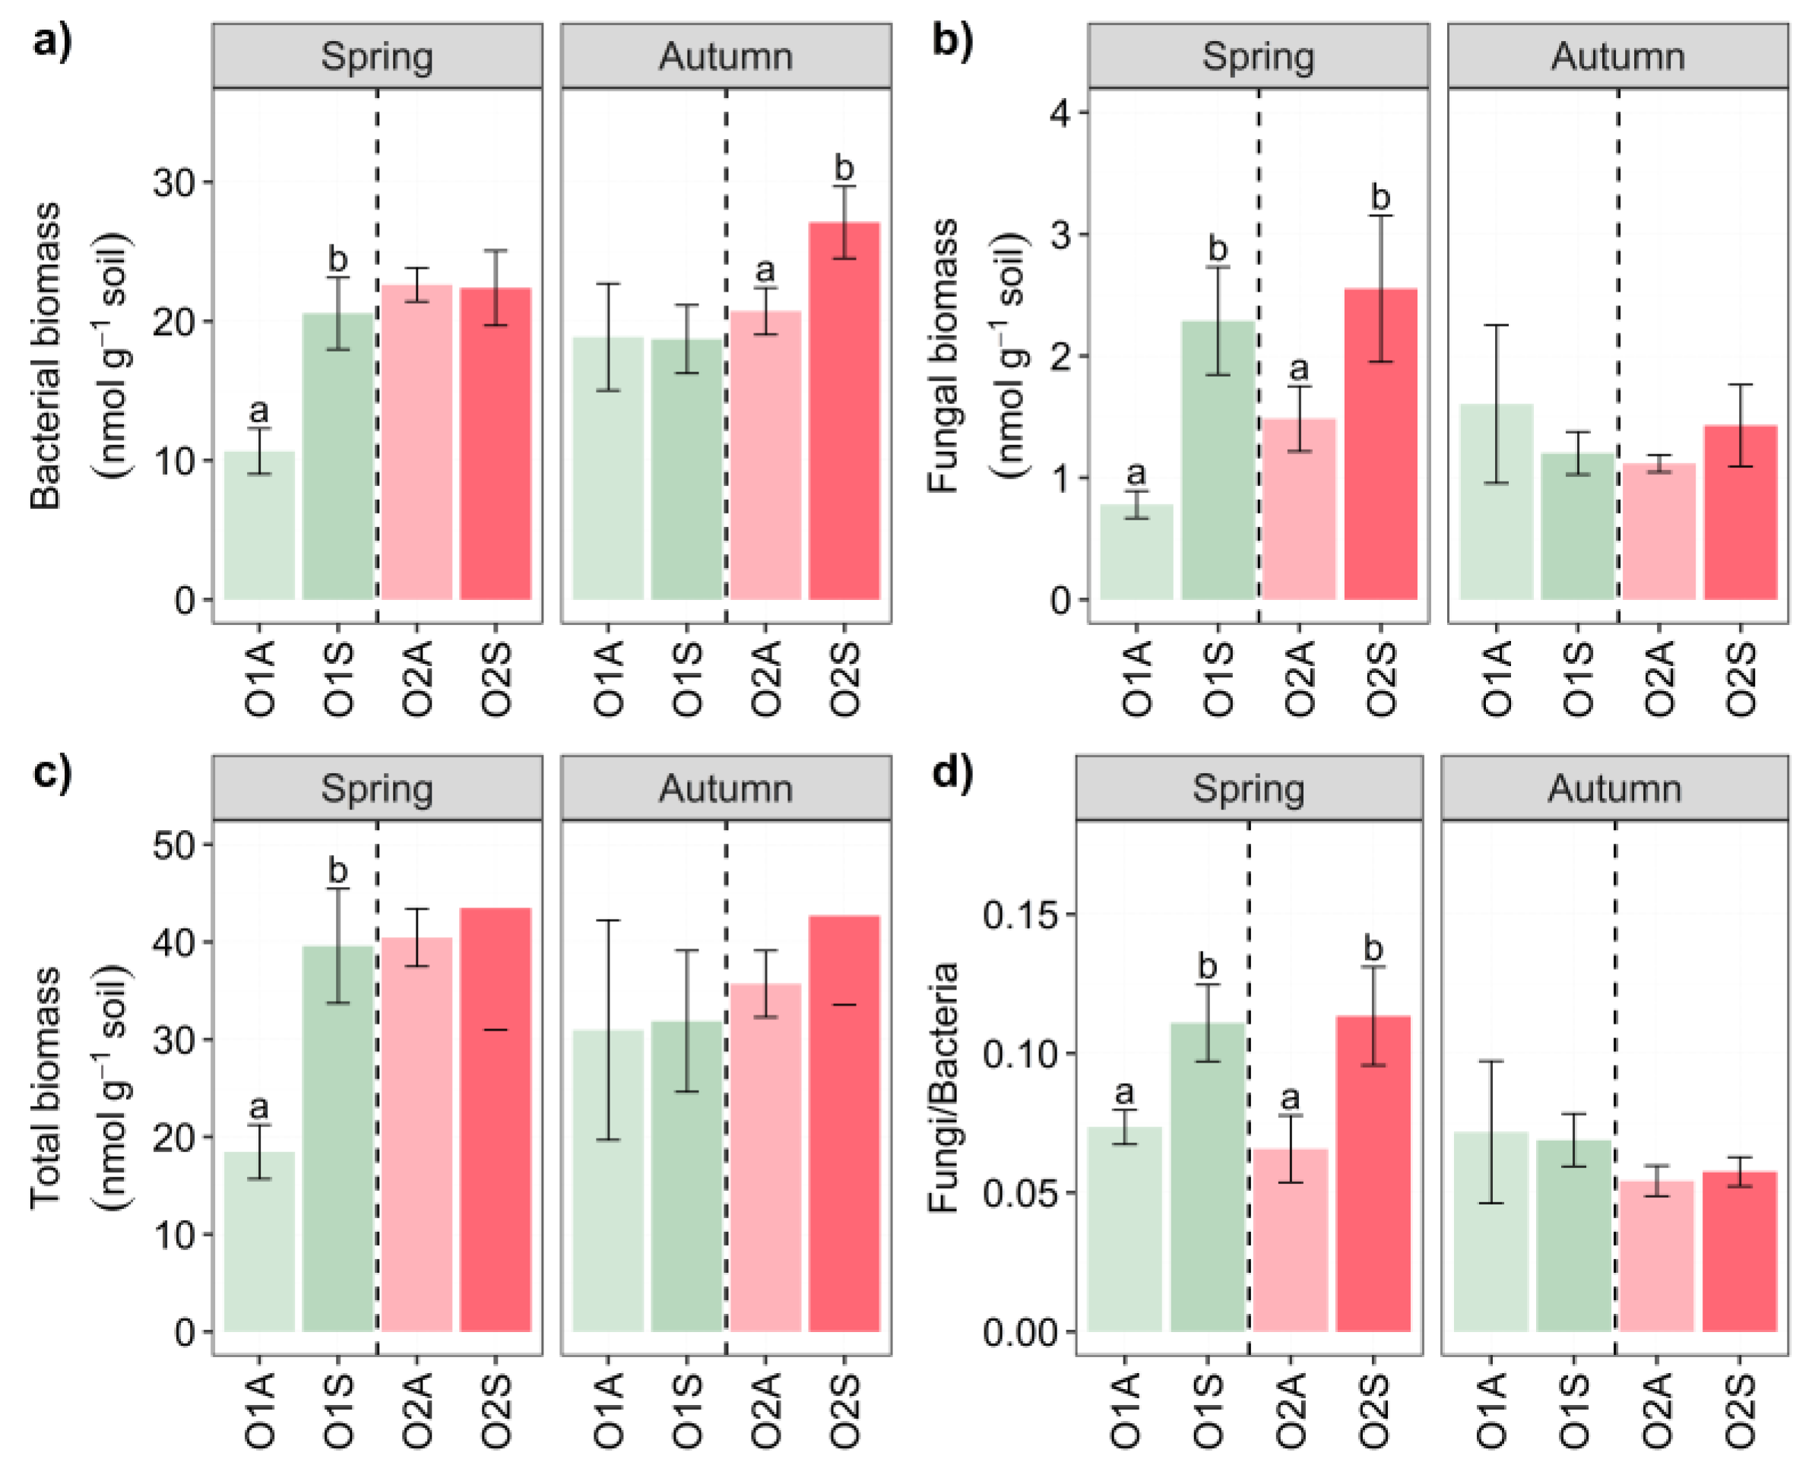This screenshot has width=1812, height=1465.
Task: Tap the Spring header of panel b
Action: tap(1257, 56)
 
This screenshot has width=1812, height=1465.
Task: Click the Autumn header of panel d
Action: tap(1614, 789)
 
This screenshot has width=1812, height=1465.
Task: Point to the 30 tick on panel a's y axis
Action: tap(173, 182)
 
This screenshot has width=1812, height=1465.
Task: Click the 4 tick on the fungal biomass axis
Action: tap(1060, 112)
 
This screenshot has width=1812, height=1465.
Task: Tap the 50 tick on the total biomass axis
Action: tap(173, 845)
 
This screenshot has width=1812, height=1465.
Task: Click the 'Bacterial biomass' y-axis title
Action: tap(46, 355)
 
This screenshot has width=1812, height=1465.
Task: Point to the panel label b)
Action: tap(952, 40)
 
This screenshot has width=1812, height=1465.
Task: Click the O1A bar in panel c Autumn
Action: tap(608, 1181)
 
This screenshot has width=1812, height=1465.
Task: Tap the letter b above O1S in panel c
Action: tap(337, 870)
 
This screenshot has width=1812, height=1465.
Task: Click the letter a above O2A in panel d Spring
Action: tap(1289, 1098)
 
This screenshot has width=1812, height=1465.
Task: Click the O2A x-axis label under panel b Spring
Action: tap(1300, 678)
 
